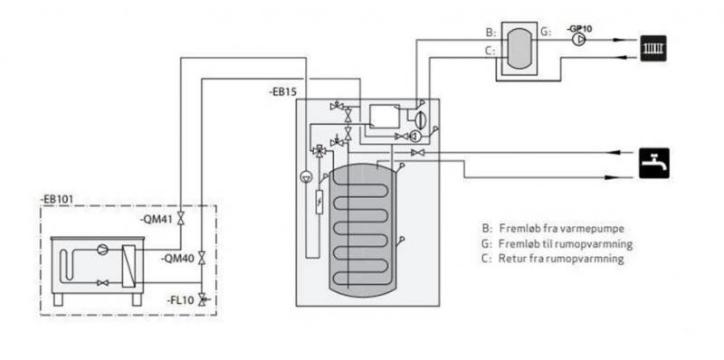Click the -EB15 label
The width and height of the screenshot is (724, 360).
[283, 92]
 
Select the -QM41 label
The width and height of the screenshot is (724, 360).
[156, 218]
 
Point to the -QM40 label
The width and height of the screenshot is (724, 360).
[176, 259]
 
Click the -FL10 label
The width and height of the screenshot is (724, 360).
[177, 298]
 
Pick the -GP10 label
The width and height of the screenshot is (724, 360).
[579, 28]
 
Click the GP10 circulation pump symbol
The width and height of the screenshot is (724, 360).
[576, 41]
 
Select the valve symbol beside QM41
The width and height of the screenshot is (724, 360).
[181, 219]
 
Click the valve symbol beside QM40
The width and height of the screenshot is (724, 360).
[201, 260]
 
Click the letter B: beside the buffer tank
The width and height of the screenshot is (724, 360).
[490, 33]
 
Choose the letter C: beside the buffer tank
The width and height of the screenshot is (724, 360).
[490, 52]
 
